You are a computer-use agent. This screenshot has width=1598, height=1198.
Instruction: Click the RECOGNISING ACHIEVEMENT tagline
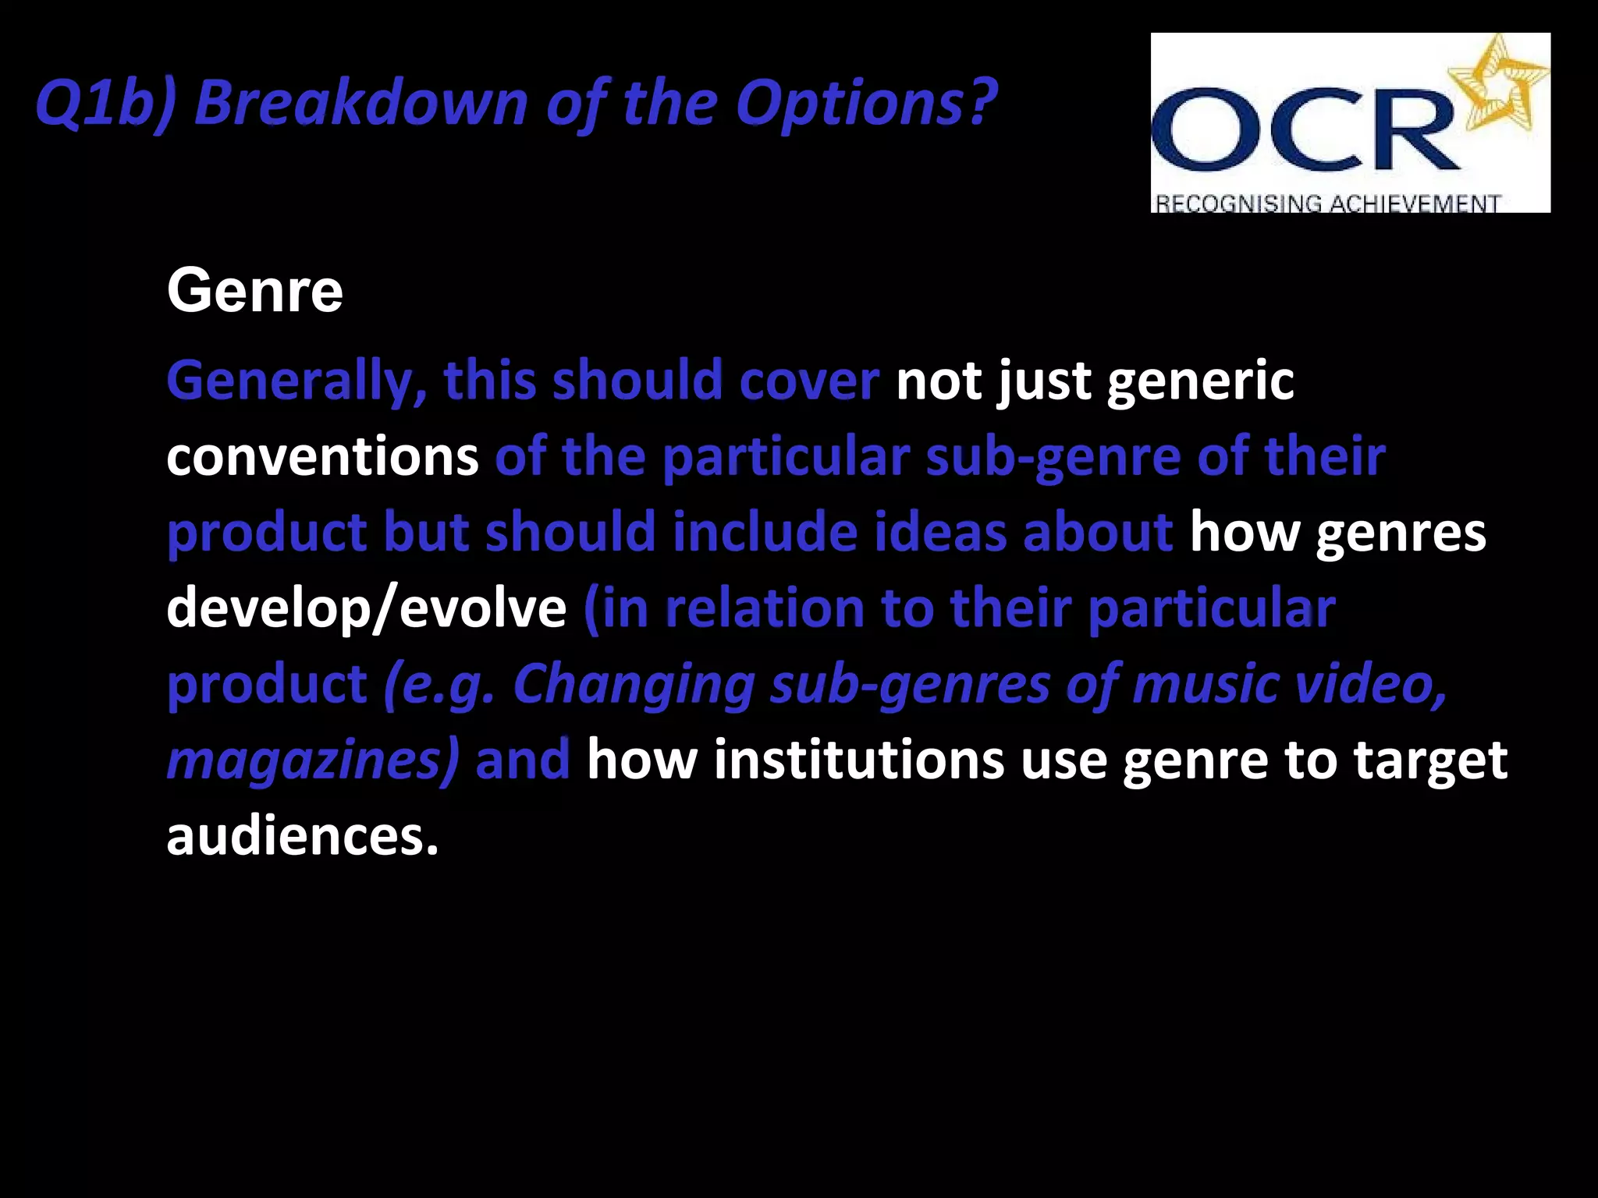coord(1326,204)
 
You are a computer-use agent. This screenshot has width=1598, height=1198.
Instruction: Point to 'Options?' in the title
coord(866,104)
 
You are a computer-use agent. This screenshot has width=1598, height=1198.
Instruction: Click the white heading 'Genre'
coord(254,291)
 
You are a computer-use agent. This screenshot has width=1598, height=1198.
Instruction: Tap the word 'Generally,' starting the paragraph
coord(297,381)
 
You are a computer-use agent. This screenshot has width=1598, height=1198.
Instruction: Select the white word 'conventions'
coord(322,456)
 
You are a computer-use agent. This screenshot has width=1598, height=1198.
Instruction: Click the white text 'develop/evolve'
coord(366,608)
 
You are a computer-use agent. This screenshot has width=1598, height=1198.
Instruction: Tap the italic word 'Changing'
coord(634,684)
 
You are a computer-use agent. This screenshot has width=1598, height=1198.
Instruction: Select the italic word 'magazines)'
coord(313,760)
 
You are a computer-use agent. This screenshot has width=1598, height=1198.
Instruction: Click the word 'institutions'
coord(858,760)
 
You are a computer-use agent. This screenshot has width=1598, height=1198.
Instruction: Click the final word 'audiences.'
coord(303,836)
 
